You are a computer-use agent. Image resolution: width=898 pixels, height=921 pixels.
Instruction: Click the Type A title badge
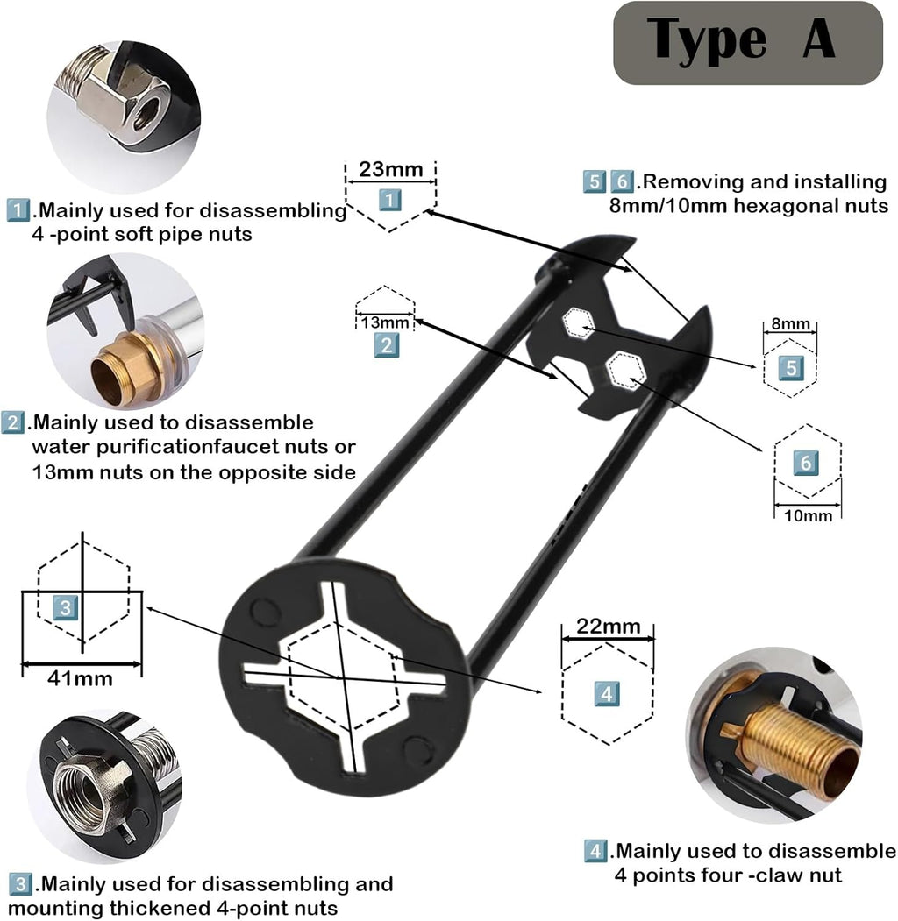pos(747,42)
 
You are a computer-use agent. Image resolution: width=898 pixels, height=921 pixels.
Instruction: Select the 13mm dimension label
pos(385,322)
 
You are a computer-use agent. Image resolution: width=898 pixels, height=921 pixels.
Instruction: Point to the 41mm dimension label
pos(82,677)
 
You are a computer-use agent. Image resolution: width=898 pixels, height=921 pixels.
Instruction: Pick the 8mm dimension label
pos(790,324)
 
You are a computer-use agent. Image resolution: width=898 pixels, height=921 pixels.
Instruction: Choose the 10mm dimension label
pos(807,515)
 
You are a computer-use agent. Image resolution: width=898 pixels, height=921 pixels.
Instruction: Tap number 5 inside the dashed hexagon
pos(790,368)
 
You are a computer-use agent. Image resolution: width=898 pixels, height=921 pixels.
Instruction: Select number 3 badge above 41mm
pos(66,606)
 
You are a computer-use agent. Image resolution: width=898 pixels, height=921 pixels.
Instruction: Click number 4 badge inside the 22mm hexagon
pos(608,693)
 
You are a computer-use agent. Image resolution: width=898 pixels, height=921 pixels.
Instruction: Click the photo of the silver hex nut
pos(123,114)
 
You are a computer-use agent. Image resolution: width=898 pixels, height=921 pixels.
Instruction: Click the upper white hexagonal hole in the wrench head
pos(577,324)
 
